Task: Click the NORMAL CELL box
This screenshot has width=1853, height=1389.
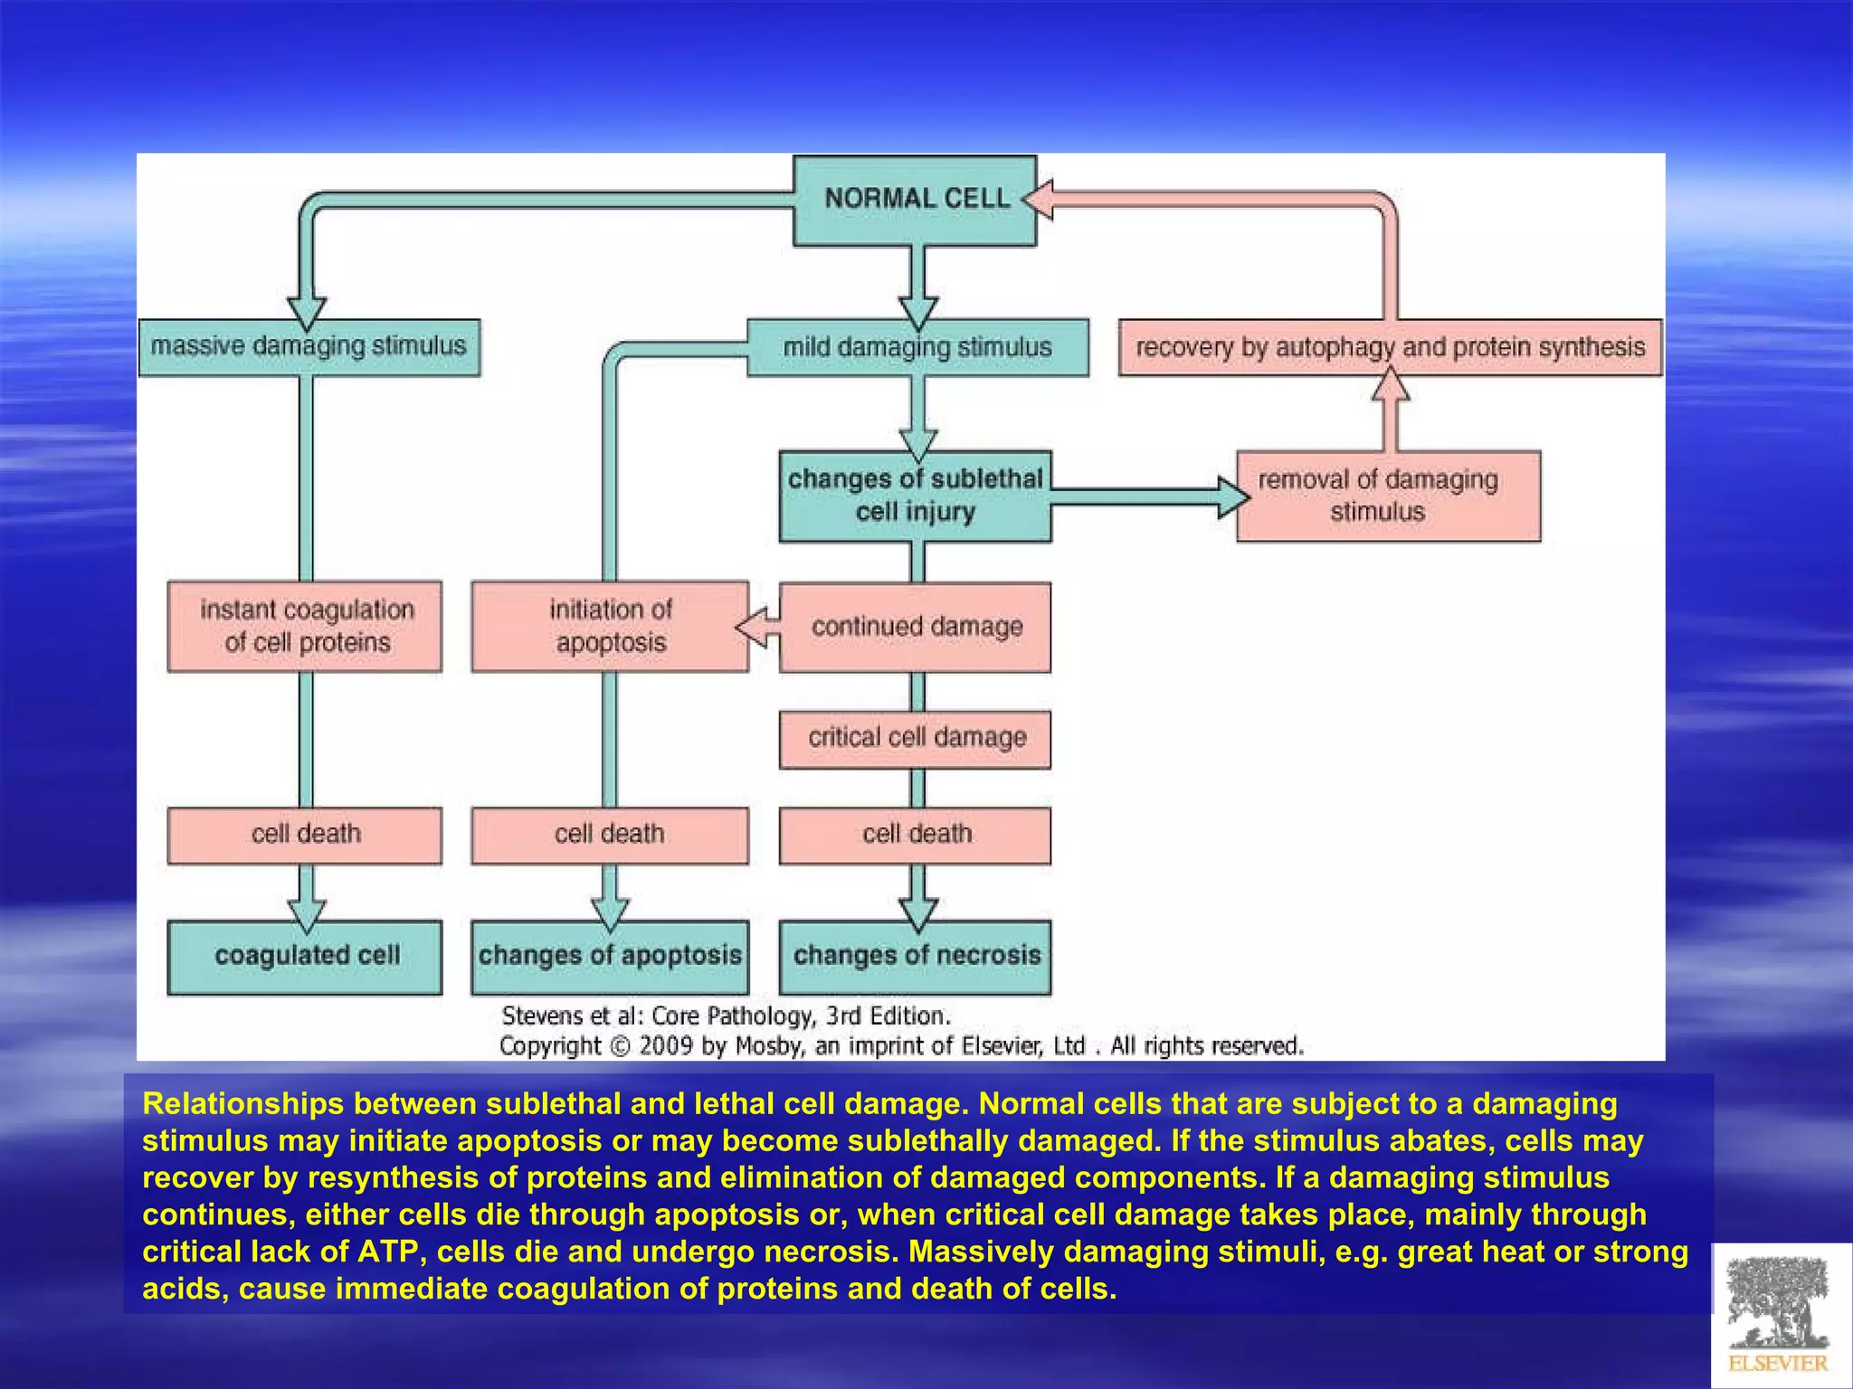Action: (x=915, y=200)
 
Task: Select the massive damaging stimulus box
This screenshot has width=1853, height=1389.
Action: (x=309, y=346)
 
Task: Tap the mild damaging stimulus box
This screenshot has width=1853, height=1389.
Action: (x=917, y=347)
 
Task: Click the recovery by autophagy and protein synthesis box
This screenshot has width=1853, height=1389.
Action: (x=1390, y=347)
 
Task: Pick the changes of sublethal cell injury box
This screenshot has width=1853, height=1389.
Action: (x=915, y=496)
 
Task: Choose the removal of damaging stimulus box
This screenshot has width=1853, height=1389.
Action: (x=1387, y=496)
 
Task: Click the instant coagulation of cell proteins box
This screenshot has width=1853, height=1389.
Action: (x=305, y=626)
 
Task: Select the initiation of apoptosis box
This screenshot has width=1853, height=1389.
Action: (x=610, y=626)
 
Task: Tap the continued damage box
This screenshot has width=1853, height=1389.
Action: (x=915, y=627)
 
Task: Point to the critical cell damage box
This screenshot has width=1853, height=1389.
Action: (x=915, y=739)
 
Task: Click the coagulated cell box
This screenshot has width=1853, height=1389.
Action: (x=305, y=957)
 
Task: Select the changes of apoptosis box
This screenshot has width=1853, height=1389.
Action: (x=610, y=957)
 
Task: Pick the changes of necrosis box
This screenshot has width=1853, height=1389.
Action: (x=915, y=957)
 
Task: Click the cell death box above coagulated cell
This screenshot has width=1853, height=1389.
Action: (x=305, y=835)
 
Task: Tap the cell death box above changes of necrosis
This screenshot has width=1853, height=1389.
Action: (x=915, y=835)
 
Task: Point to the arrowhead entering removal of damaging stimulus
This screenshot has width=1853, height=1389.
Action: (x=1232, y=496)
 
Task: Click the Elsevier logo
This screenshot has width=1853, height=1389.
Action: (x=1779, y=1316)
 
